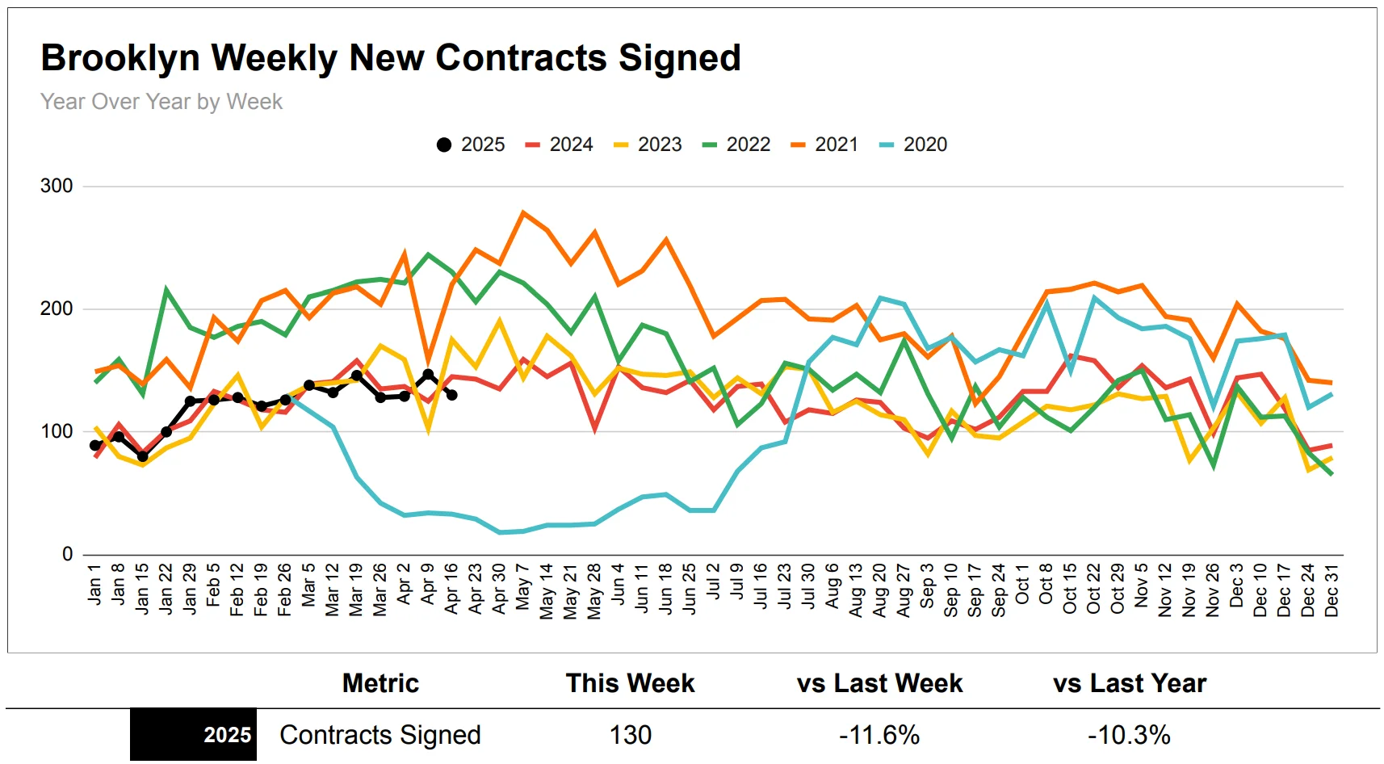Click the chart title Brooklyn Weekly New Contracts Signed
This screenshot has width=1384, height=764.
pos(391,58)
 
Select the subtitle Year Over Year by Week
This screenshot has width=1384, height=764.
pos(161,102)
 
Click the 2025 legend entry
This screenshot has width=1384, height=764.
pos(471,145)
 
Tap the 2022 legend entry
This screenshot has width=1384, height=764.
pos(736,145)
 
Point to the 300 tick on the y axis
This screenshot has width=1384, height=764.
pos(57,186)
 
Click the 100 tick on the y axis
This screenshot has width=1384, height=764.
pos(57,431)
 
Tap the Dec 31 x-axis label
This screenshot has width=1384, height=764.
pos(1332,590)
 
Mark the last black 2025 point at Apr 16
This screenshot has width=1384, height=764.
pos(451,395)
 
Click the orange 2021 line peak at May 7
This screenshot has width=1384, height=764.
pos(523,213)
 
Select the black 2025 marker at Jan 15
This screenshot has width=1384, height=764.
pos(143,456)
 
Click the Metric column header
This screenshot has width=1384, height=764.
pos(380,683)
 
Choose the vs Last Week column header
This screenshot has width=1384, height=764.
pos(879,683)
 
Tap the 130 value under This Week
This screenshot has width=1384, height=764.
pos(630,735)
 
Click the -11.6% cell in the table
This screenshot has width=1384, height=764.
pos(879,735)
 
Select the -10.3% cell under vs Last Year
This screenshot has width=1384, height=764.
pos(1129,735)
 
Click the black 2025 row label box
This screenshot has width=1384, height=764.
pos(194,735)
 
